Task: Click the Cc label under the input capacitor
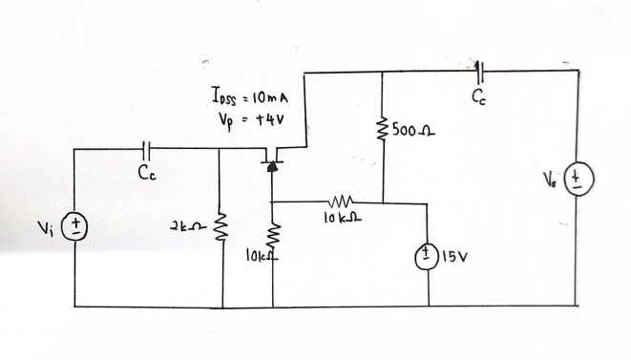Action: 144,174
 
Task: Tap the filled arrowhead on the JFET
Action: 273,166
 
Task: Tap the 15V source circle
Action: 429,256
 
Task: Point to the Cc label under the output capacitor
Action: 479,95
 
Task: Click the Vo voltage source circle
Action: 578,180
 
